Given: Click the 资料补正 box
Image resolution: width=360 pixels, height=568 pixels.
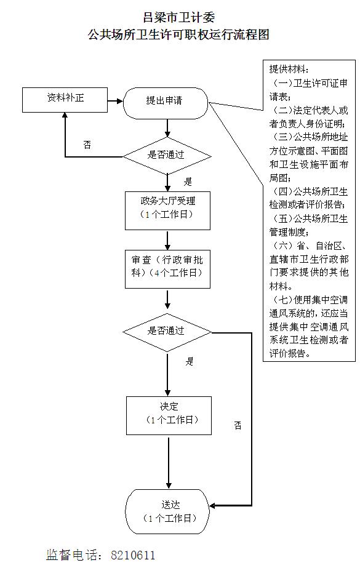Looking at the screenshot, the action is (x=65, y=100).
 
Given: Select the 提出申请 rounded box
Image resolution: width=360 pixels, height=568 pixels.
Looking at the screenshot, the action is (x=166, y=103).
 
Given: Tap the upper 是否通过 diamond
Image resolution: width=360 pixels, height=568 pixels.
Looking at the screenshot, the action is (x=167, y=156).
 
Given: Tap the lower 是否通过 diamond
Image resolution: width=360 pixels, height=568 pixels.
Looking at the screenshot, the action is (x=167, y=332).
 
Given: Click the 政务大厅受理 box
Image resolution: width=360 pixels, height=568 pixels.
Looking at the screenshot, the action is (x=167, y=211).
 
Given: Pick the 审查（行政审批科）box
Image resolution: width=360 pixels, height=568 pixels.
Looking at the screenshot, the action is (x=167, y=269).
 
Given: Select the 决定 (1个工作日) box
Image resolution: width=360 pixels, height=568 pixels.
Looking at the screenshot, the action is (x=169, y=415).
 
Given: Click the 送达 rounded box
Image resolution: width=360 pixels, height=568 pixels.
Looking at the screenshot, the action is (x=167, y=511).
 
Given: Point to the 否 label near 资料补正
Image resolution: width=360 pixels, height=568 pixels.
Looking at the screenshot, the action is (x=87, y=145).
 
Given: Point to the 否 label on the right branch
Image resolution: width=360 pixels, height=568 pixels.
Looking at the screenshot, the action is (x=238, y=425).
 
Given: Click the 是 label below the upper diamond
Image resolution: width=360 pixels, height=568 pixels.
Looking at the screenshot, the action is (x=188, y=182).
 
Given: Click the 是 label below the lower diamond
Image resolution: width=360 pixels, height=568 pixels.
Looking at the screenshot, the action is (x=190, y=361).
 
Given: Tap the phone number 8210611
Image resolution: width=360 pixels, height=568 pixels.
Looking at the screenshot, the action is (x=133, y=555).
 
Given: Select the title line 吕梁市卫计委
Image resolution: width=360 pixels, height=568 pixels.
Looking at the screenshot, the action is (x=179, y=17).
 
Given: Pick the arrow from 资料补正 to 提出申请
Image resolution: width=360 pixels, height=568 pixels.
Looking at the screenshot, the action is (x=115, y=101).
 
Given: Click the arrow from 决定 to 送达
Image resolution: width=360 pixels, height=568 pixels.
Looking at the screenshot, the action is (x=169, y=463).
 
